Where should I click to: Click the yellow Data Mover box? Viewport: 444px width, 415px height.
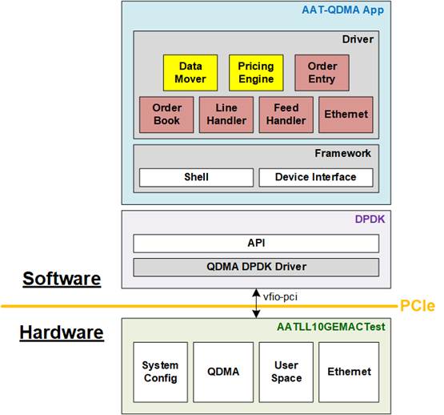190,73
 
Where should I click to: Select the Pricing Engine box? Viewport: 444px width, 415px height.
256,73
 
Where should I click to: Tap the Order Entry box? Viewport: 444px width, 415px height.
322,73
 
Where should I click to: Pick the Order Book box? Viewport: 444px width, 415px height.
166,115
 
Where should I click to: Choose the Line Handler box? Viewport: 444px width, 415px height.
226,115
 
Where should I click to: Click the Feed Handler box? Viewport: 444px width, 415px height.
286,115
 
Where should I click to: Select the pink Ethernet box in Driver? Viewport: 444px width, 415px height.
346,115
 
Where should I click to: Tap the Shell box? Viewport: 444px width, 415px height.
196,177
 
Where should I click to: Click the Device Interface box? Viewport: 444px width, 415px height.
316,177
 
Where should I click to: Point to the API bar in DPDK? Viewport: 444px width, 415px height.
256,243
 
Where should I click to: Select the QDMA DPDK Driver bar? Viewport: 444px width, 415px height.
256,267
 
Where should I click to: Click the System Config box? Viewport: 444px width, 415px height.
160,372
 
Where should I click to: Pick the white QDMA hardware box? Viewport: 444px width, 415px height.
223,372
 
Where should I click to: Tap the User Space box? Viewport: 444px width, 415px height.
286,372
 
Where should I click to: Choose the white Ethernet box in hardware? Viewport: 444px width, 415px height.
349,372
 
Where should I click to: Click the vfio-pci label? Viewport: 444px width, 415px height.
280,296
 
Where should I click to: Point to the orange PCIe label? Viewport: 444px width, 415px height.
417,306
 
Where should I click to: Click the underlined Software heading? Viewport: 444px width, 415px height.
62,279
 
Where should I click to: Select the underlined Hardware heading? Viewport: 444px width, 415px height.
62,332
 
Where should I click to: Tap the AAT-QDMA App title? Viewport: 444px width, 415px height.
342,10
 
